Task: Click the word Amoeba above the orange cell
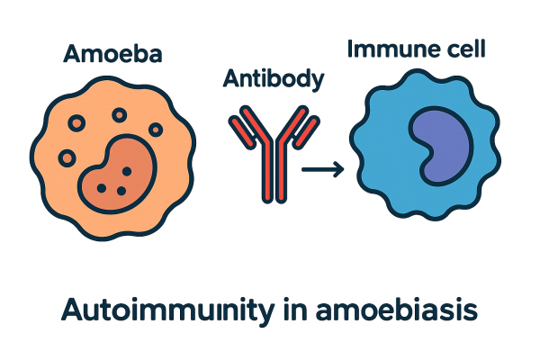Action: [113, 55]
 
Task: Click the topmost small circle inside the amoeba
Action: [117, 115]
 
